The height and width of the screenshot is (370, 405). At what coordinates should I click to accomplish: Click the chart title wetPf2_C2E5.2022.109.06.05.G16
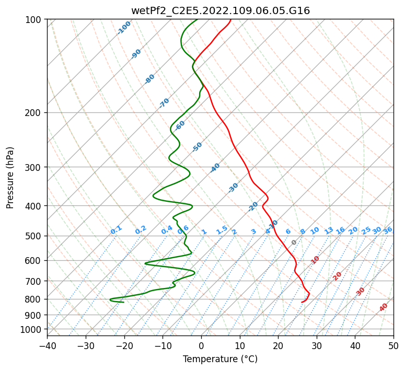coord(220,11)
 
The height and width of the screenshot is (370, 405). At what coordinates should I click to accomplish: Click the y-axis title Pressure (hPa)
coord(10,177)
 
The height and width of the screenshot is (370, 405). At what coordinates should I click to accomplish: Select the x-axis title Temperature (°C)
coord(220,360)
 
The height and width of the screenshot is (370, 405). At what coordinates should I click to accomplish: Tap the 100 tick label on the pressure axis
coord(33,20)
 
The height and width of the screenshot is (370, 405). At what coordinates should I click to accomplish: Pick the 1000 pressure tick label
coord(31,330)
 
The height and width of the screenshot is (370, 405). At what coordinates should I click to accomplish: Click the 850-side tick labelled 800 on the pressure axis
coord(33,299)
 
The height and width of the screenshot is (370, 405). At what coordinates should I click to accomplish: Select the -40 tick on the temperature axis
coord(47,346)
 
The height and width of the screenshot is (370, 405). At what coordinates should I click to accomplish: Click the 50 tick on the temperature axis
coord(394,346)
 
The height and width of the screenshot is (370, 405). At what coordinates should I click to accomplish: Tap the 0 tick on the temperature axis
coord(201,346)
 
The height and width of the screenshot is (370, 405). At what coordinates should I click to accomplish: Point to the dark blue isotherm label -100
coord(124,28)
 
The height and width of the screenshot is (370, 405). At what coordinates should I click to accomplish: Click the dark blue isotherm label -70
coord(164,103)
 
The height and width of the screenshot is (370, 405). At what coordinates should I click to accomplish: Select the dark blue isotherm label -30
coord(233,188)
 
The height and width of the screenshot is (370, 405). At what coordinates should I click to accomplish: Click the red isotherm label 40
coord(384,307)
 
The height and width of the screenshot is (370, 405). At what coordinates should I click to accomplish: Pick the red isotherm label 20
coord(338,275)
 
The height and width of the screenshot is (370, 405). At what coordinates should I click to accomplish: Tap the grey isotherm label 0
coord(294,242)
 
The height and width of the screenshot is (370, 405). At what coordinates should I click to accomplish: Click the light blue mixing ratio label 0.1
coord(116,230)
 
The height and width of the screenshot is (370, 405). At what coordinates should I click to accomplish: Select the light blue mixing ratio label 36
coord(388,230)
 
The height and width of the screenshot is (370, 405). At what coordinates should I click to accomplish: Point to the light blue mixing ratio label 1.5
coord(222,230)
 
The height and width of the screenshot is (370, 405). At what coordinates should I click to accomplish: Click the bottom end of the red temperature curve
coord(302,302)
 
